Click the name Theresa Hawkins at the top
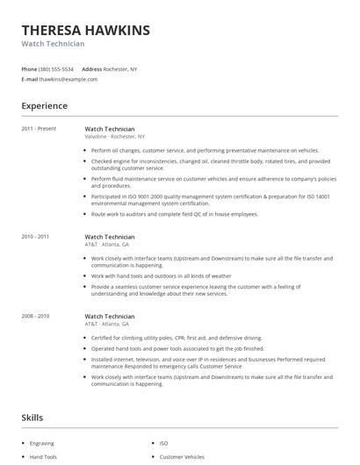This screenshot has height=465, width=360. (x=85, y=31)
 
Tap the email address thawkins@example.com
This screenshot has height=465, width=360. (x=68, y=79)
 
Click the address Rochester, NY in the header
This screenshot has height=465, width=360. (x=121, y=68)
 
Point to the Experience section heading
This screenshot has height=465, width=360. (x=44, y=106)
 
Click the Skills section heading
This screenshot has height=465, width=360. (x=32, y=418)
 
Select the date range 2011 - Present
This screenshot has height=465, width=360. (x=39, y=129)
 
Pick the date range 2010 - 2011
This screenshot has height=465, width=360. (x=35, y=237)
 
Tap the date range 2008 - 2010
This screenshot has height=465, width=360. (x=35, y=316)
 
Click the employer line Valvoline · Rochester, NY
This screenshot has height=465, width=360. (x=116, y=137)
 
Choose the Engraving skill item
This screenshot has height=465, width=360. (x=42, y=444)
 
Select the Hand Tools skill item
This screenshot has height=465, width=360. (x=44, y=457)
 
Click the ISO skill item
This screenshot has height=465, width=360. (x=163, y=444)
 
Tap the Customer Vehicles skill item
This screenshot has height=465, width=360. (x=182, y=457)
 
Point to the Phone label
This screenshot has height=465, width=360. (x=29, y=68)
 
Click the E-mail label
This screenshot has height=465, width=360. (x=30, y=79)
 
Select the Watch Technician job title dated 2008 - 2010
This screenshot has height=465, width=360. (x=109, y=316)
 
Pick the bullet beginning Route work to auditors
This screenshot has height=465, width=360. (x=174, y=214)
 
